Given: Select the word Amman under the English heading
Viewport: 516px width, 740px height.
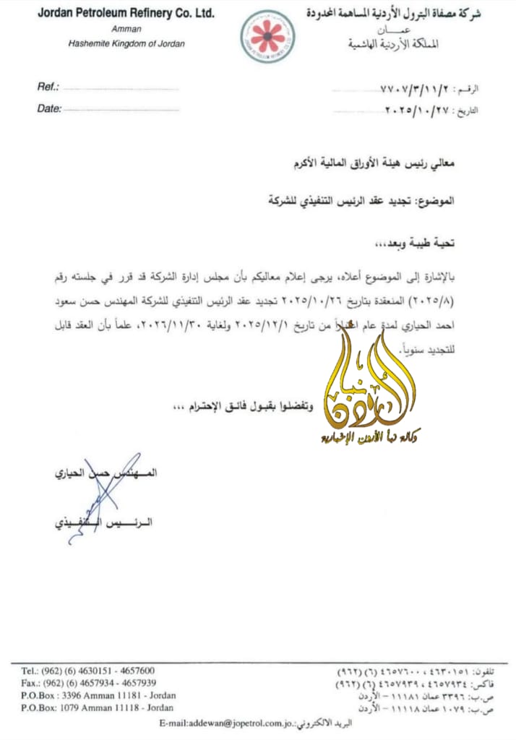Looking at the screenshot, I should [127, 30].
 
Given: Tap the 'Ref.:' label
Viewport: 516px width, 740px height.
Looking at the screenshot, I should [48, 87].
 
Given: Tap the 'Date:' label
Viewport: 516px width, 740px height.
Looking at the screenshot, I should [49, 108].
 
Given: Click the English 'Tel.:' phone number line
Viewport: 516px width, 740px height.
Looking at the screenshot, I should [87, 671].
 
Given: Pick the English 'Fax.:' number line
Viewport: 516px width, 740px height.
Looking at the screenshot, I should [88, 683].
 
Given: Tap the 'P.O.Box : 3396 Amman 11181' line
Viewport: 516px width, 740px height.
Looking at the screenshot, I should [98, 696].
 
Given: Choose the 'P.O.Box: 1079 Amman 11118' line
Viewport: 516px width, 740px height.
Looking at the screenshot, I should [98, 708].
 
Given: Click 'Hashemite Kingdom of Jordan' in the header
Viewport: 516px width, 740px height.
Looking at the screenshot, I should [126, 43].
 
